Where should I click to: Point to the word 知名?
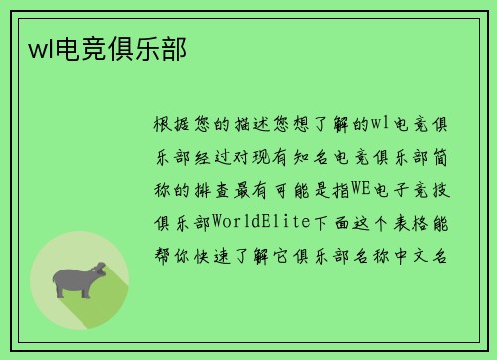click(x=330, y=157)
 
